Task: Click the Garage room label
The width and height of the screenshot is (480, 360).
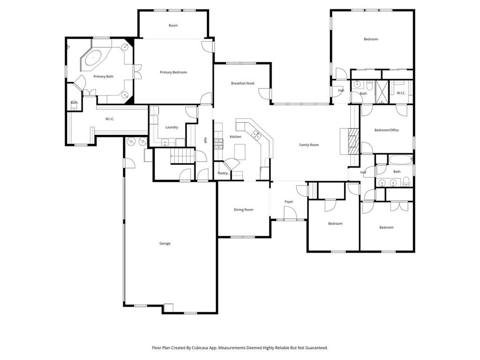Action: (165, 243)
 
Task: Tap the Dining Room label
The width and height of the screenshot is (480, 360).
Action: (243, 210)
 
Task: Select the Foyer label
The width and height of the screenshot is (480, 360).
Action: (289, 202)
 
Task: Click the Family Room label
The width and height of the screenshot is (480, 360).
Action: (309, 145)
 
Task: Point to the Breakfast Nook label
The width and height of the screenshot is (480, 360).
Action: (242, 83)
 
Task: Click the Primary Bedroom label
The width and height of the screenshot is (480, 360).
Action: (173, 72)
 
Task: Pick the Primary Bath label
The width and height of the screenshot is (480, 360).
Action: (103, 76)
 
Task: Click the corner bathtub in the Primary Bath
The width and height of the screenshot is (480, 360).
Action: (94, 59)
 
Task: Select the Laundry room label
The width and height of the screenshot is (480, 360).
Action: (172, 127)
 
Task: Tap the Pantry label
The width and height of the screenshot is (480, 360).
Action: (223, 173)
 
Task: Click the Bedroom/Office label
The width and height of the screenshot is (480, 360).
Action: (386, 130)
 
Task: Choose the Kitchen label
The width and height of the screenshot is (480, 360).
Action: (235, 136)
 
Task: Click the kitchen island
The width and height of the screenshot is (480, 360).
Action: (240, 151)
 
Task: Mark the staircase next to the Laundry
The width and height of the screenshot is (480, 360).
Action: (182, 156)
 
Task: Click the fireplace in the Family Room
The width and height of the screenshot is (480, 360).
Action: (351, 140)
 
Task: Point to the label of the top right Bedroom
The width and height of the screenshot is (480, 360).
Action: (371, 39)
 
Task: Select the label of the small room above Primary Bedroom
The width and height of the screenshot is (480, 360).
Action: (173, 25)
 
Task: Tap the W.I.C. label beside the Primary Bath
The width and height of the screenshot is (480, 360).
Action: (110, 119)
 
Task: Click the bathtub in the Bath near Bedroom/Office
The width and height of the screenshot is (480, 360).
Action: (400, 159)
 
